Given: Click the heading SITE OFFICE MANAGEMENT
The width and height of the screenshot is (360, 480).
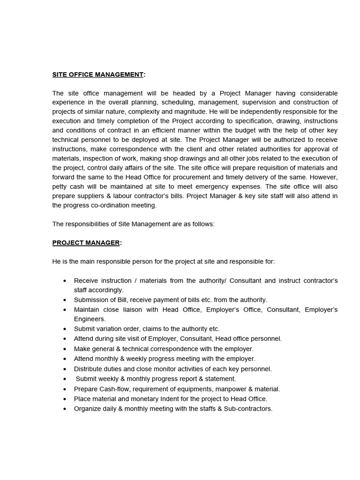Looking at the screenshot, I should click(97, 75).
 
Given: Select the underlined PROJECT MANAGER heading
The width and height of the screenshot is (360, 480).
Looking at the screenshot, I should click(86, 243).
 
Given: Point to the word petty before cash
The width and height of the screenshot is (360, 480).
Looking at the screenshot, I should click(60, 187).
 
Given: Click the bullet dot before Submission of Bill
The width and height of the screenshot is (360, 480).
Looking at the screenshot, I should click(64, 300).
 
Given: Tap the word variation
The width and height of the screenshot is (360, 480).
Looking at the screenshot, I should click(110, 329).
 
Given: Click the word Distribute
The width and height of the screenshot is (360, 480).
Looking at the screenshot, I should click(89, 369).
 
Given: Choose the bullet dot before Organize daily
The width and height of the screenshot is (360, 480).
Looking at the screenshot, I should click(64, 409).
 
